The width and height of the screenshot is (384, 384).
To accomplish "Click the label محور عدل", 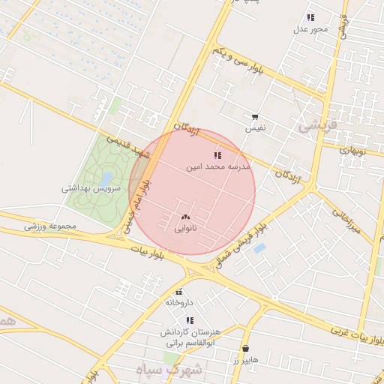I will tap(310, 29).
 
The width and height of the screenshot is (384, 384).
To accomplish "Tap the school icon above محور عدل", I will tap(310, 17).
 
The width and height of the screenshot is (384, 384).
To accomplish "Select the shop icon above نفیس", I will tap(256, 117).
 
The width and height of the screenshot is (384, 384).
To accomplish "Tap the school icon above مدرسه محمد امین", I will tap(217, 155).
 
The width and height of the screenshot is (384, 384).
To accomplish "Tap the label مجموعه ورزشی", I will tap(49, 226).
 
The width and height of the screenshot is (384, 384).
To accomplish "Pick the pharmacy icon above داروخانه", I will tap(178, 291).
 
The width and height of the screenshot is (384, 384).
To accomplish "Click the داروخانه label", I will tap(179, 302).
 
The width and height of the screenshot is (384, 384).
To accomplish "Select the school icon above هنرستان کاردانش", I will tap(190, 320).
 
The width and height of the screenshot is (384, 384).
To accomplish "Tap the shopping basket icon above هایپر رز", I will tap(246, 348).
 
